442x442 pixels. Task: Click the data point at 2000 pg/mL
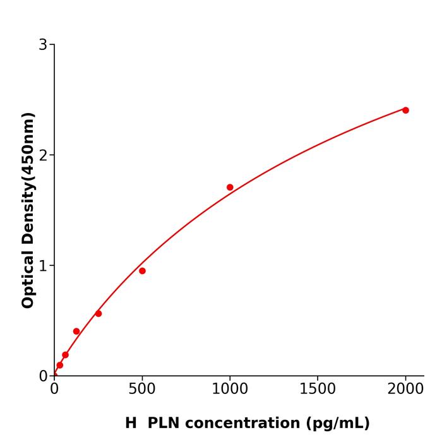[x=405, y=110]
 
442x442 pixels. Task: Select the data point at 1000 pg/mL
[x=230, y=187]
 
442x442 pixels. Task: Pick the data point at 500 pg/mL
[x=142, y=271]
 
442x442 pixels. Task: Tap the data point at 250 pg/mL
[x=99, y=313]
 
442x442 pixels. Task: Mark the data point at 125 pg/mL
[x=76, y=331]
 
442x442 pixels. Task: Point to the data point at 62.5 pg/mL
[x=65, y=355]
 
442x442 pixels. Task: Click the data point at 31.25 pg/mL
[x=60, y=365]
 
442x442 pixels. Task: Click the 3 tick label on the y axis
[x=43, y=44]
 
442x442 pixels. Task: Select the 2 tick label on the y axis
[x=43, y=155]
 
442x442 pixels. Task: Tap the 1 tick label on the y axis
[x=43, y=265]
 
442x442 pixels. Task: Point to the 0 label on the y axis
[x=43, y=376]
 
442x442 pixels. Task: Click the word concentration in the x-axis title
[x=242, y=423]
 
